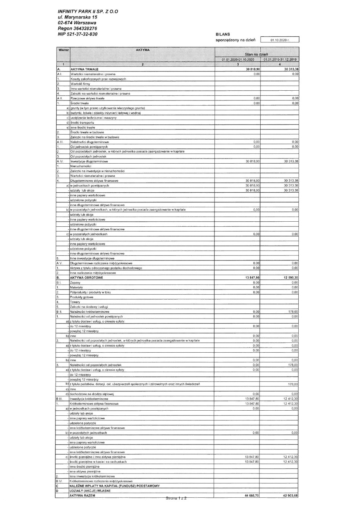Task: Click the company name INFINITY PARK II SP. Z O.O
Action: pyautogui.click(x=87, y=12)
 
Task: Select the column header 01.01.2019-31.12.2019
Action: pyautogui.click(x=280, y=59)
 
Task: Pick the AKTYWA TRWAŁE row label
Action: pyautogui.click(x=84, y=69)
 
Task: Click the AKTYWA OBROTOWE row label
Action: pyautogui.click(x=86, y=278)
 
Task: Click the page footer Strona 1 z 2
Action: pyautogui.click(x=176, y=498)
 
